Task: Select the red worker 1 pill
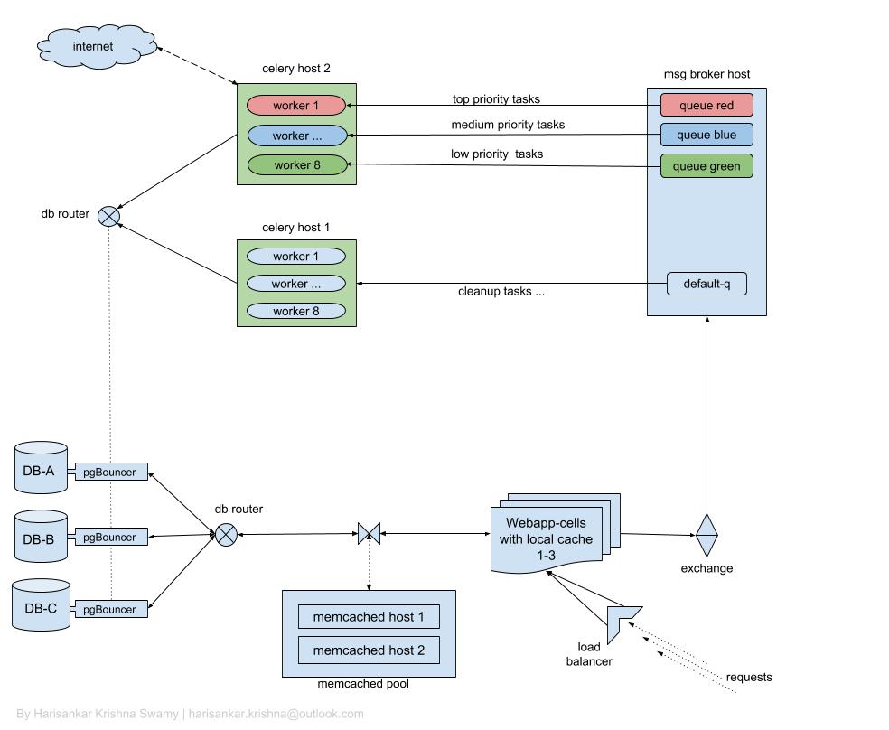tap(296, 106)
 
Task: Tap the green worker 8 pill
tap(296, 164)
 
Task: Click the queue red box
tap(706, 106)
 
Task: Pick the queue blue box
tap(706, 136)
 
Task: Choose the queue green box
tap(706, 166)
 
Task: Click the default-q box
tap(707, 284)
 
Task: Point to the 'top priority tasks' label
tap(496, 99)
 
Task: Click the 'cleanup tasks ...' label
tap(501, 291)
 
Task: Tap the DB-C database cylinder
tap(41, 606)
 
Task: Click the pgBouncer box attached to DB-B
tap(110, 538)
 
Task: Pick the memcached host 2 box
tap(369, 650)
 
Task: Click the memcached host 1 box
tap(369, 618)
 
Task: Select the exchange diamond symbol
tap(707, 536)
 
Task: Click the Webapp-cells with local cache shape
tap(547, 538)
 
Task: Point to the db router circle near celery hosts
tap(108, 216)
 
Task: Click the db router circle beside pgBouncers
tap(226, 535)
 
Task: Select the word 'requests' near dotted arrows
tap(749, 677)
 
